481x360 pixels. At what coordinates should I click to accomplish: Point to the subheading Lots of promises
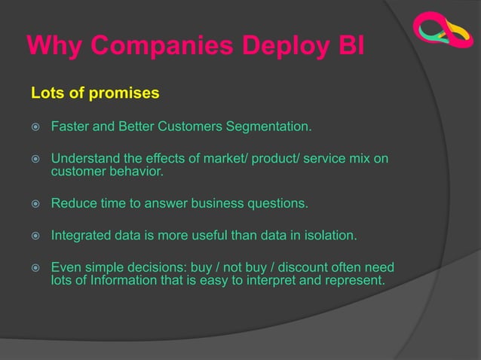95,93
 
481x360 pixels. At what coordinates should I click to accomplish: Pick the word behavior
137,172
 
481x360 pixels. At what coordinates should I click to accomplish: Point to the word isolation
329,236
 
